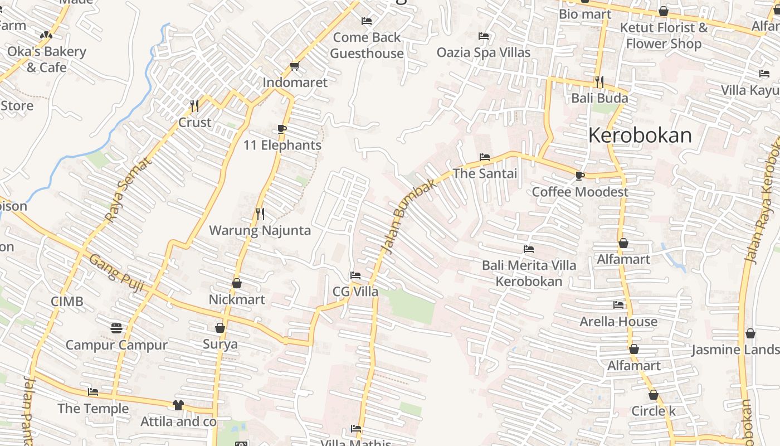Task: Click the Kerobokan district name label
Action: pos(640,135)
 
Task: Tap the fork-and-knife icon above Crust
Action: pos(194,105)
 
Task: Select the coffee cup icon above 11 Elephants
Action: pos(282,129)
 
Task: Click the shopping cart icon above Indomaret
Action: pos(295,66)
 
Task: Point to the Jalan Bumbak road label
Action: pos(408,216)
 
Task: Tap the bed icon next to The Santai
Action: pos(485,157)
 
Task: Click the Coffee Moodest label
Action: pos(579,192)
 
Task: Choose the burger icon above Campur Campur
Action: pos(116,328)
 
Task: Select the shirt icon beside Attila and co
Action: pos(178,405)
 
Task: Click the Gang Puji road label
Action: pos(116,274)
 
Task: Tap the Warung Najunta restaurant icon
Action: pos(260,213)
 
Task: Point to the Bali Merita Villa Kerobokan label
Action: pos(529,273)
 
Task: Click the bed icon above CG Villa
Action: pos(355,275)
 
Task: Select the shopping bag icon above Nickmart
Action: pos(237,283)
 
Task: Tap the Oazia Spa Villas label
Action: pos(483,52)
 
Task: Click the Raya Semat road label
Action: pos(129,190)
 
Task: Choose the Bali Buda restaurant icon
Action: pos(599,82)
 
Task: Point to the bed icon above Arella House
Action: pos(618,305)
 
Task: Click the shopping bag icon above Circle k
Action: pos(653,395)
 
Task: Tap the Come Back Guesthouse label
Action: pos(367,45)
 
